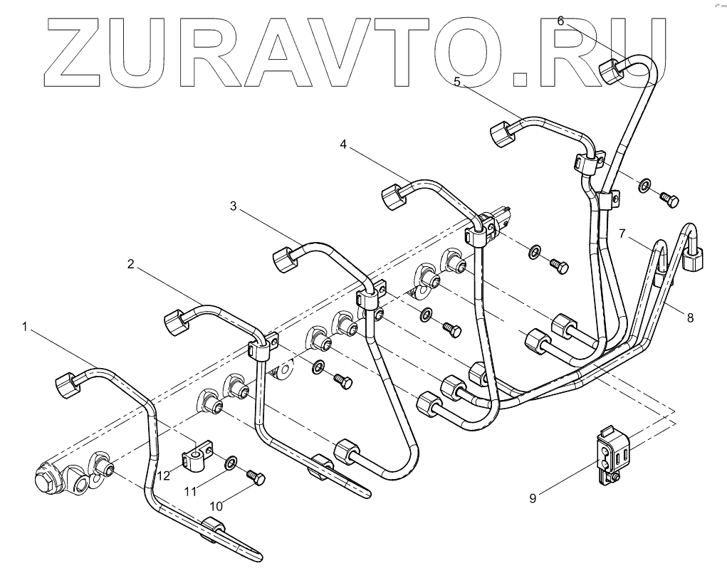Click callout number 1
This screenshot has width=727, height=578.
tap(25, 327)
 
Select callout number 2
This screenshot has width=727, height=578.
tap(130, 264)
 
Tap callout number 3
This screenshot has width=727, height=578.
tap(234, 206)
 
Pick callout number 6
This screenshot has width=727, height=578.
tap(560, 21)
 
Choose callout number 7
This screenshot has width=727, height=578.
tap(622, 233)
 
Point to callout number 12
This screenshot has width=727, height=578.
tap(164, 475)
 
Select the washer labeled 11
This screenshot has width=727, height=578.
tap(231, 464)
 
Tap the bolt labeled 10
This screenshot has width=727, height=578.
tap(254, 475)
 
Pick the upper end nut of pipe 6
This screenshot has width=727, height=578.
tap(612, 70)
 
